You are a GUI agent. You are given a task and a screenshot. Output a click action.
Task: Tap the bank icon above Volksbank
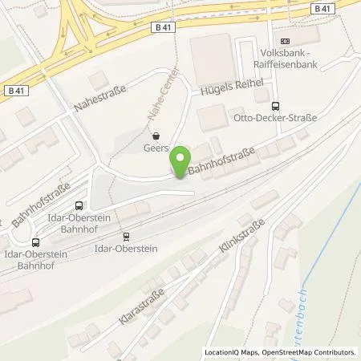coord(284,42)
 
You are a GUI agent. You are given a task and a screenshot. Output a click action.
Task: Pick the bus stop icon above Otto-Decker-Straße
coord(277,105)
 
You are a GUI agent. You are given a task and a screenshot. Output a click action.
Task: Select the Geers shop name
coord(156,148)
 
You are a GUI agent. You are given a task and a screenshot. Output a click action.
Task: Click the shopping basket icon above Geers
coord(156,136)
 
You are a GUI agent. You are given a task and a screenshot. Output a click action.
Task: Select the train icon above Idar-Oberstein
coord(126,237)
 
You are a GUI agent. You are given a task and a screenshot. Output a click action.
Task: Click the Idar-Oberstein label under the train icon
coord(127,250)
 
